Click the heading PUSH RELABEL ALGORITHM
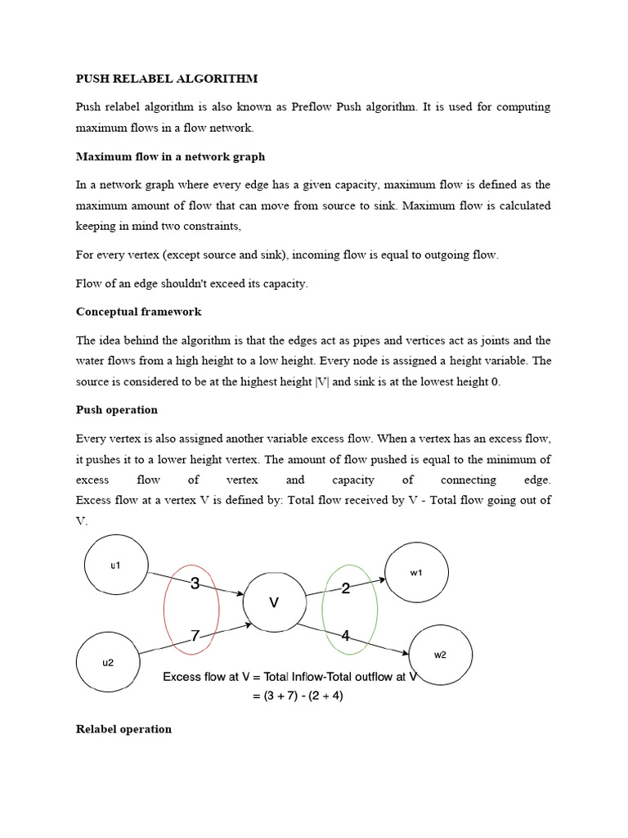coord(167,79)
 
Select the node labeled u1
coord(115,565)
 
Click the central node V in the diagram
coord(274,602)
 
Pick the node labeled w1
coord(416,572)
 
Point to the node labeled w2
coord(440,654)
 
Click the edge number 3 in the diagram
coord(195,583)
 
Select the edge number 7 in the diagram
coord(195,636)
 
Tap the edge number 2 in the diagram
coord(346,588)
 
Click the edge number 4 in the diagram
coord(346,636)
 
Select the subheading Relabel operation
coord(123,728)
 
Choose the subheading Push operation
coord(117,409)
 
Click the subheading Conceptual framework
coord(138,312)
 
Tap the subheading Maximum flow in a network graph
coord(170,156)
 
